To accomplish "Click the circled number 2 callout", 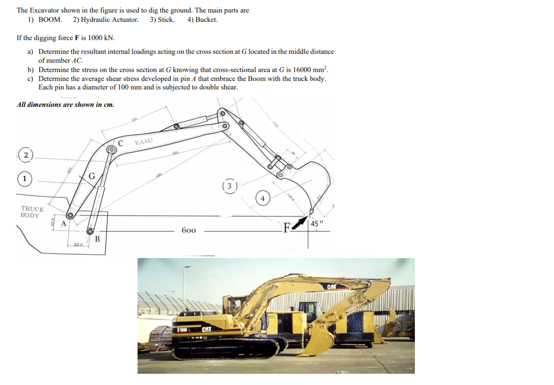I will coord(25,155).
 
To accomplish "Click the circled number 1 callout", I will coord(24,178).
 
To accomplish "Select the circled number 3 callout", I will coord(229,186).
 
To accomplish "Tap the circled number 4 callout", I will coord(262,198).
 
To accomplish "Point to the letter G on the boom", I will coord(92,176).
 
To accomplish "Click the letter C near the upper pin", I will coord(121,143).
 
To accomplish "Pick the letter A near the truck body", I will coord(63,224).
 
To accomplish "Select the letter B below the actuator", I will coord(97,239).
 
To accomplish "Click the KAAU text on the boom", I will coord(144,141).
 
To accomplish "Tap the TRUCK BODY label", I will coord(32,212).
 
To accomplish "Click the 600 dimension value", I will coord(188,231).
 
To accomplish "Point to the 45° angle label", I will coord(317,223).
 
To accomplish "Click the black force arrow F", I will coord(299,223).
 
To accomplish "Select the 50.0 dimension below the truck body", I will coord(78,244).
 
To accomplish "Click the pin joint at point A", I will coord(70,216).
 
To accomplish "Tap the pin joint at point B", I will coord(90,231).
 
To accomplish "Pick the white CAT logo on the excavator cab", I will coord(206,329).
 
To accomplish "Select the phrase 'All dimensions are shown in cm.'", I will coord(66,105).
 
